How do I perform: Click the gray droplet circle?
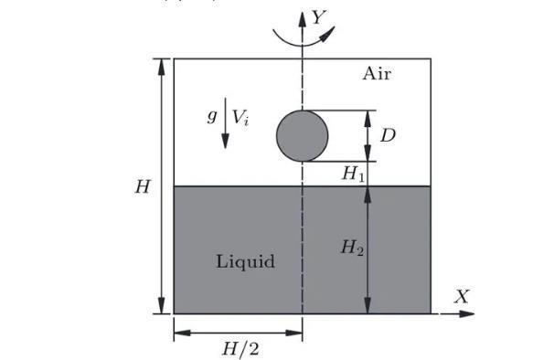pyautogui.click(x=302, y=135)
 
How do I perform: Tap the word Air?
pyautogui.click(x=377, y=74)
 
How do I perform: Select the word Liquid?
pyautogui.click(x=245, y=262)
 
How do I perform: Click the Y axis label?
pyautogui.click(x=319, y=17)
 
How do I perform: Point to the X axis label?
pyautogui.click(x=462, y=296)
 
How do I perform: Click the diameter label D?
pyautogui.click(x=388, y=135)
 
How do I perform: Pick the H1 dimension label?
pyautogui.click(x=353, y=174)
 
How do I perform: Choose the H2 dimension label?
pyautogui.click(x=352, y=247)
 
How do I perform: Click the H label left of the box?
pyautogui.click(x=143, y=186)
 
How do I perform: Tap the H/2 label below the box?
pyautogui.click(x=240, y=349)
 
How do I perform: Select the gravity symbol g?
pyautogui.click(x=212, y=116)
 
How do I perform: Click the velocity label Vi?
pyautogui.click(x=240, y=118)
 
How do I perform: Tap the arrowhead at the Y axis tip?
pyautogui.click(x=302, y=19)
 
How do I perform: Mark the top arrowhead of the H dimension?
pyautogui.click(x=162, y=67)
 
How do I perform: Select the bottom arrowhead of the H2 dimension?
pyautogui.click(x=368, y=305)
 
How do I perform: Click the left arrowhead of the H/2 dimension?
pyautogui.click(x=182, y=333)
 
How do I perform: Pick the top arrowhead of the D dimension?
pyautogui.click(x=368, y=119)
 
